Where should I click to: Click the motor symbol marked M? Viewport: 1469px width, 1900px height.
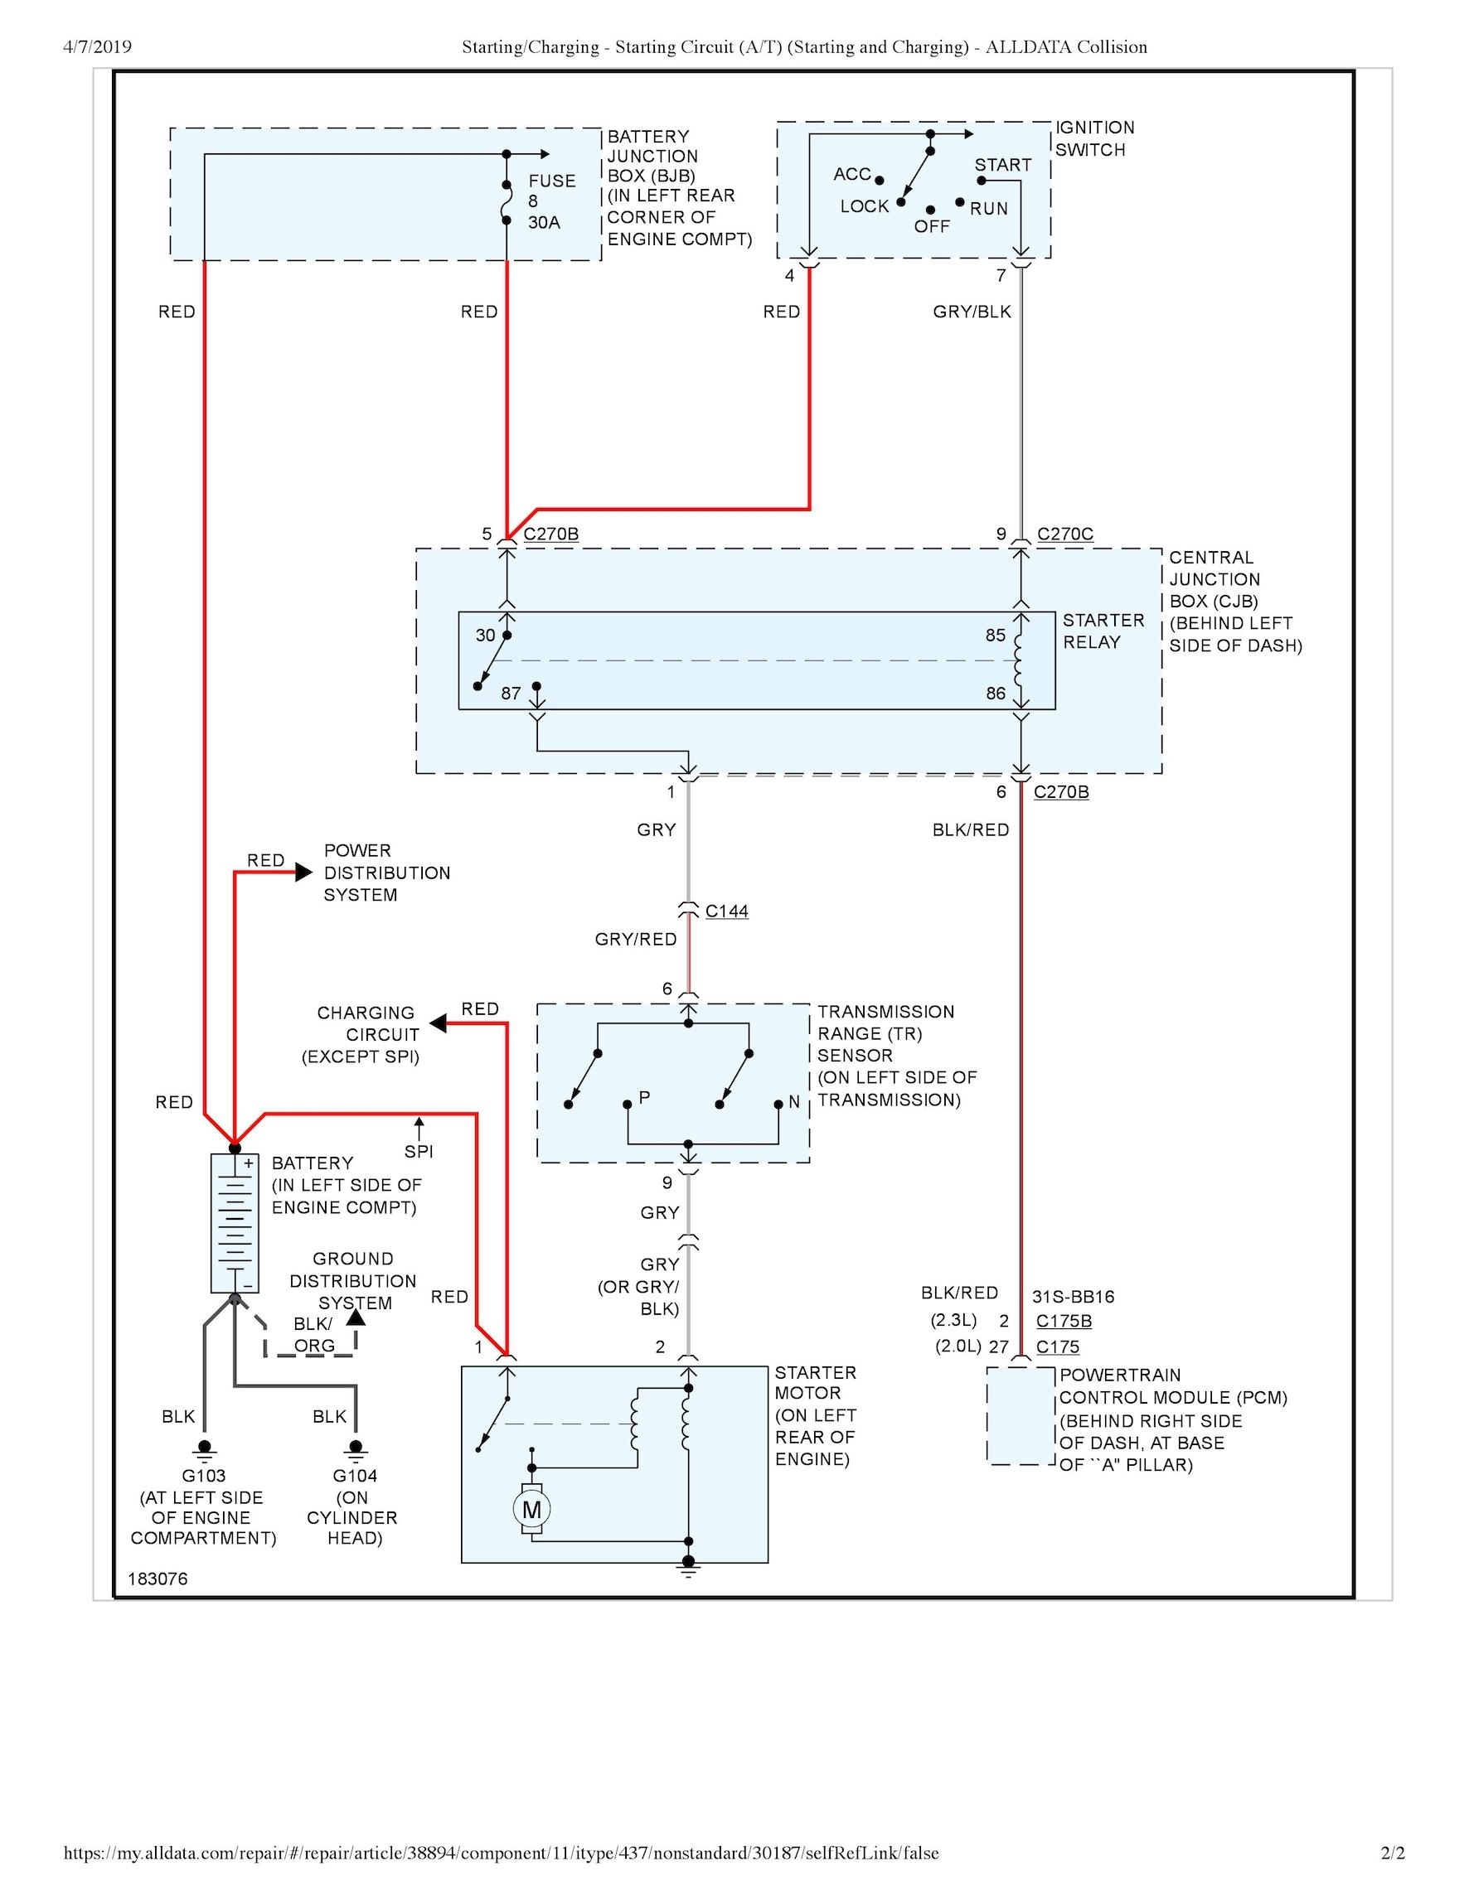click(x=531, y=1510)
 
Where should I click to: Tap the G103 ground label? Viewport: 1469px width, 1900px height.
click(x=204, y=1476)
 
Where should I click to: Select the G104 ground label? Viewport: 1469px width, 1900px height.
click(x=355, y=1476)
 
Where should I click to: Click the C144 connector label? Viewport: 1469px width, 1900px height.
click(x=727, y=911)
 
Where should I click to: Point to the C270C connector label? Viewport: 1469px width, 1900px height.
click(x=1065, y=534)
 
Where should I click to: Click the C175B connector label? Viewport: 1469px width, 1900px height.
click(x=1064, y=1321)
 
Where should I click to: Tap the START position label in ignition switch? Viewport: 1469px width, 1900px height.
click(x=1002, y=164)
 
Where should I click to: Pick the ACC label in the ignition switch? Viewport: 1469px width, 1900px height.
click(x=852, y=174)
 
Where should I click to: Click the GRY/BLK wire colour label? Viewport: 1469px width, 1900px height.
click(x=972, y=312)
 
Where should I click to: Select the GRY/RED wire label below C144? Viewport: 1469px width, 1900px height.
click(x=635, y=940)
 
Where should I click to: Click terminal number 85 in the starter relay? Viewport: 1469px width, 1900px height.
click(x=996, y=635)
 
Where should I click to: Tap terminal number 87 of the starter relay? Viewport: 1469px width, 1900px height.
click(x=511, y=694)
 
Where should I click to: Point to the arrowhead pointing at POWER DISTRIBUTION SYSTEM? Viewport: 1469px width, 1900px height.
click(x=303, y=872)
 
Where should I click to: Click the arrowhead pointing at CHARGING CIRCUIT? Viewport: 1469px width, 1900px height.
click(x=439, y=1024)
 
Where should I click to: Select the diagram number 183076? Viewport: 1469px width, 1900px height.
click(x=158, y=1579)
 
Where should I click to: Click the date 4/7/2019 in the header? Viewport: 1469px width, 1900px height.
click(x=98, y=47)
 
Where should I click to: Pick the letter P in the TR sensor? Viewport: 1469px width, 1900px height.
click(x=644, y=1097)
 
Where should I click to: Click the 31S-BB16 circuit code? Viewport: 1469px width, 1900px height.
click(x=1073, y=1296)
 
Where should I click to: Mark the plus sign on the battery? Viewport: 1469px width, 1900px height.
click(x=248, y=1163)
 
